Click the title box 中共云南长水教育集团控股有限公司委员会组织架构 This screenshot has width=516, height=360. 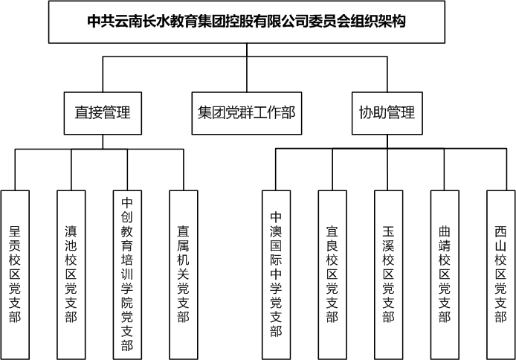pyautogui.click(x=247, y=22)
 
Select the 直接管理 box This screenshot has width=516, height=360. pyautogui.click(x=103, y=113)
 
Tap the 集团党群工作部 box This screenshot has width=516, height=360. pyautogui.click(x=247, y=113)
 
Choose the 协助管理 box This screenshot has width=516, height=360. pyautogui.click(x=387, y=113)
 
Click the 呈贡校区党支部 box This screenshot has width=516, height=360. pyautogui.click(x=15, y=274)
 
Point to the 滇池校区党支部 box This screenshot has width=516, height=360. pyautogui.click(x=71, y=274)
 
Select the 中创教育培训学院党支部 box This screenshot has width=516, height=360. pyautogui.click(x=127, y=274)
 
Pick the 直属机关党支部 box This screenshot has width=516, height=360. pyautogui.click(x=184, y=274)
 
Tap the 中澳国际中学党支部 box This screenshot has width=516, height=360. pyautogui.click(x=276, y=274)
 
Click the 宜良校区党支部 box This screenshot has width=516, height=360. pyautogui.click(x=332, y=274)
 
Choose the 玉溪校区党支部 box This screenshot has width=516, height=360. pyautogui.click(x=388, y=274)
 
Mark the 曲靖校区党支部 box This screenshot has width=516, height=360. pyautogui.click(x=445, y=274)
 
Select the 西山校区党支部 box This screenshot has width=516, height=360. pyautogui.click(x=501, y=274)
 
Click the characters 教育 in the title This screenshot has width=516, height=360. pyautogui.click(x=184, y=22)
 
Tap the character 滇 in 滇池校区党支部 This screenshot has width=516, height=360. pyautogui.click(x=71, y=231)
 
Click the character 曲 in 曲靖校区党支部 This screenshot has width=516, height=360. pyautogui.click(x=445, y=231)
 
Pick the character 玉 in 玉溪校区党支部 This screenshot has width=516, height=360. pyautogui.click(x=388, y=231)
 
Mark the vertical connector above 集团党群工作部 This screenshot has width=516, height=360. pyautogui.click(x=247, y=68)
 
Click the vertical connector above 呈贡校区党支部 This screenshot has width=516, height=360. pyautogui.click(x=15, y=170)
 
